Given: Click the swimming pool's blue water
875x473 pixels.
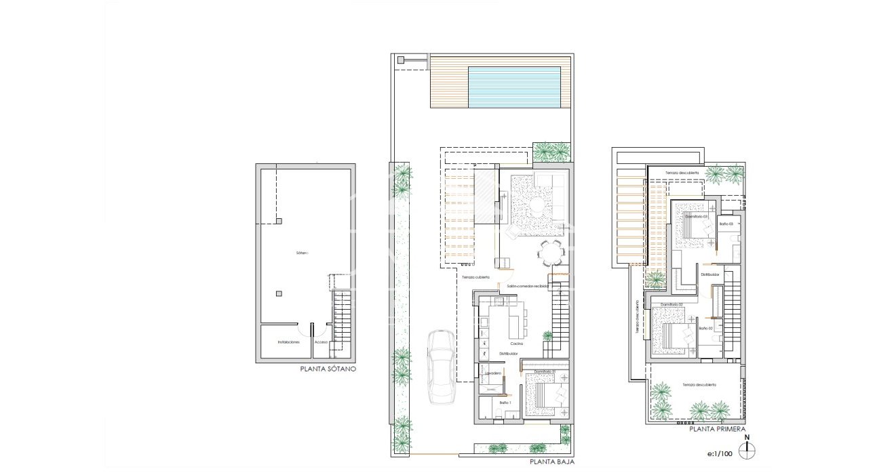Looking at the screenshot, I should coord(514,87).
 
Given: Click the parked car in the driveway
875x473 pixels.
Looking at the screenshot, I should coord(441,365).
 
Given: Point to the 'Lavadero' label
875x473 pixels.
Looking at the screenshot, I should coord(492,373).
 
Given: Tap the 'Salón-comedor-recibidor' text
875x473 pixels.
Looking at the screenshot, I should coord(528,287).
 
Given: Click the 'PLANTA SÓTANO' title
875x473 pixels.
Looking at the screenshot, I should coord(328,370).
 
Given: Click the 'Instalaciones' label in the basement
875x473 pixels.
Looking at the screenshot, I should coord(288,342).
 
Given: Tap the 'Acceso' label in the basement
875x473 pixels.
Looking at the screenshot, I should coord(321,342).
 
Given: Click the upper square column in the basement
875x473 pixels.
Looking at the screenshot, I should coord(278,221).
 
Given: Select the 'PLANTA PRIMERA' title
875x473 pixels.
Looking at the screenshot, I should coord(718,429).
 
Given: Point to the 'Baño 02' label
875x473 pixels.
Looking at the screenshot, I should coord(706,328).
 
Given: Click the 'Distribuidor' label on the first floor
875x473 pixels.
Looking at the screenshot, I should coord(709,274).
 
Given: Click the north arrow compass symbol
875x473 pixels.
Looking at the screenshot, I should coord(747,449).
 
